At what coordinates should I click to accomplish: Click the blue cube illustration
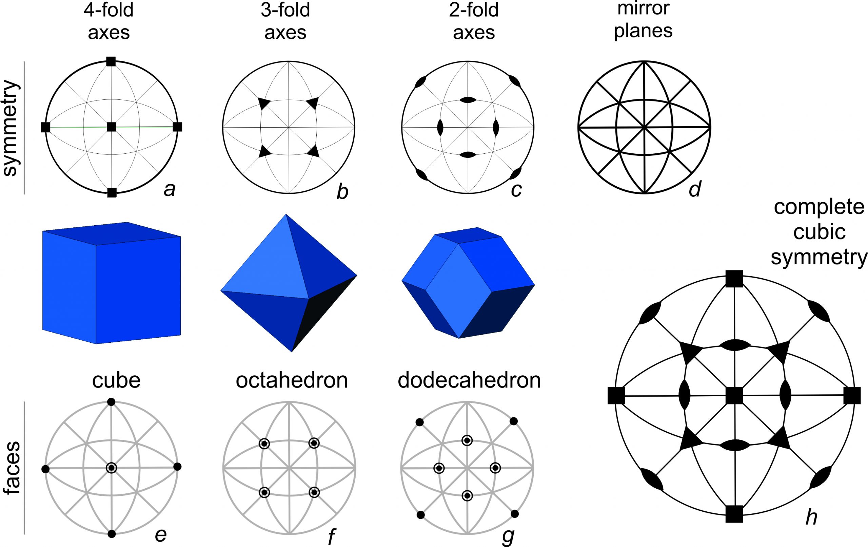point(112,283)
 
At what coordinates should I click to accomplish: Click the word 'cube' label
point(116,381)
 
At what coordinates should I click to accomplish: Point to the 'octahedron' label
point(292,381)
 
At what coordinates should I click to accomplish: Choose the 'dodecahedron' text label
point(469,381)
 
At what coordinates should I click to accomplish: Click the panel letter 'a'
point(170,189)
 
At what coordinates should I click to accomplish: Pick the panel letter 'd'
point(694,189)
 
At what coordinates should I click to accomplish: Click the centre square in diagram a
point(112,127)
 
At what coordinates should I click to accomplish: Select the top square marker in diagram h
point(734,278)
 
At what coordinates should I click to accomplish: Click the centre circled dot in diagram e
point(112,468)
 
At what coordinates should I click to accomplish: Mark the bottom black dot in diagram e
point(112,534)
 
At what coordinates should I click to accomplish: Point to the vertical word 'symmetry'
point(11,128)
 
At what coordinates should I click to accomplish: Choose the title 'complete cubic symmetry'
point(819,232)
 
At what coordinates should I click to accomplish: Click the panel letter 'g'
point(508,537)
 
